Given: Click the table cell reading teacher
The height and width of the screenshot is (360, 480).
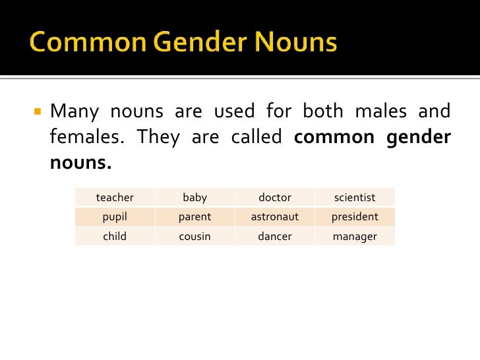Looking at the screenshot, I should coord(115,197).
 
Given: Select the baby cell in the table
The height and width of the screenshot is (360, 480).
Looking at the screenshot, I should coord(195,197).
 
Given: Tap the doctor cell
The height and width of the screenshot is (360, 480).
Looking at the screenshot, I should coord(274,197).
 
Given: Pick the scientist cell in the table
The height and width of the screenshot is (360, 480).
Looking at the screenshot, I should coord(355,197).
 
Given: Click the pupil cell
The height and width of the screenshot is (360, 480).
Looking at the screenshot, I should coord(115,216).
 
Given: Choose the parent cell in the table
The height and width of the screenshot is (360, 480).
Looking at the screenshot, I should coord(195,216).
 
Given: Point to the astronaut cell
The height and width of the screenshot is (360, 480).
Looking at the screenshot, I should coord(274,216).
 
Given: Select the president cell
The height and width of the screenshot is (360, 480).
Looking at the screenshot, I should coord(355,216).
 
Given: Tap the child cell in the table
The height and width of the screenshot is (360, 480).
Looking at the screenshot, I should coord(115,236).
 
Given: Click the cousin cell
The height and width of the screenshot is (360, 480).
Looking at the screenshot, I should coord(195,236).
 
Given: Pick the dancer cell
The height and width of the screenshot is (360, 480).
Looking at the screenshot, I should coord(274,236).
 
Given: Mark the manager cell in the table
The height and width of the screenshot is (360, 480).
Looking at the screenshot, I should coord(355,236).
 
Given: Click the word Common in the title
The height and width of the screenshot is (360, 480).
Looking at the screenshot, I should coord(86,44).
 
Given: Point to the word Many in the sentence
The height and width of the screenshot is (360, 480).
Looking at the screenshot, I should coord(74,111).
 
